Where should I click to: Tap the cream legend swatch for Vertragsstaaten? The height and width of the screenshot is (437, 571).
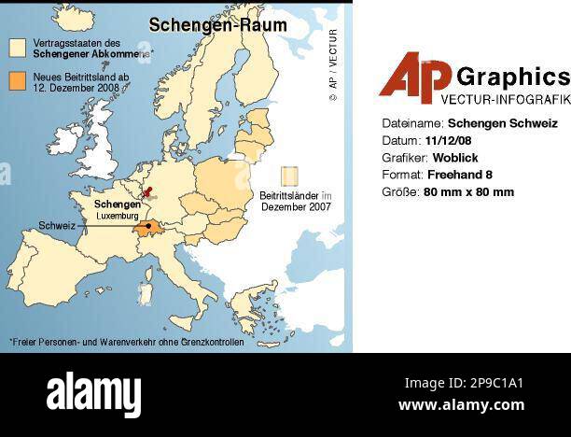(18, 47)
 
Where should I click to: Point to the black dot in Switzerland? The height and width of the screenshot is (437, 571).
(148, 226)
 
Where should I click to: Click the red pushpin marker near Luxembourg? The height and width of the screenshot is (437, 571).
(146, 194)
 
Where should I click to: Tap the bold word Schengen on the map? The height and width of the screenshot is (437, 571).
(118, 204)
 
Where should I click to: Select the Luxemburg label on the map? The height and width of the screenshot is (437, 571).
(118, 216)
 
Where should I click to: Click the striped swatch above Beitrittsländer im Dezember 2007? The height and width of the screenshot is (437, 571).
(290, 176)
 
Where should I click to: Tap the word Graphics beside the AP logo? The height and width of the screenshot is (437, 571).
(513, 76)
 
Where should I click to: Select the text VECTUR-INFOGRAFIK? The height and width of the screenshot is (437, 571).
(505, 98)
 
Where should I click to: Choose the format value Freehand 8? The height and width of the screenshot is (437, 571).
(459, 175)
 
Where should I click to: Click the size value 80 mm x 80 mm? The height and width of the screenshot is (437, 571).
(468, 192)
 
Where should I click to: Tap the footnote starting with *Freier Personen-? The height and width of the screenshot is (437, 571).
(126, 342)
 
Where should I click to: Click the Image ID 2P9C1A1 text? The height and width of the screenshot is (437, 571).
(464, 383)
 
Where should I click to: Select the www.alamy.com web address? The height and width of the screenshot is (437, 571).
(461, 405)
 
